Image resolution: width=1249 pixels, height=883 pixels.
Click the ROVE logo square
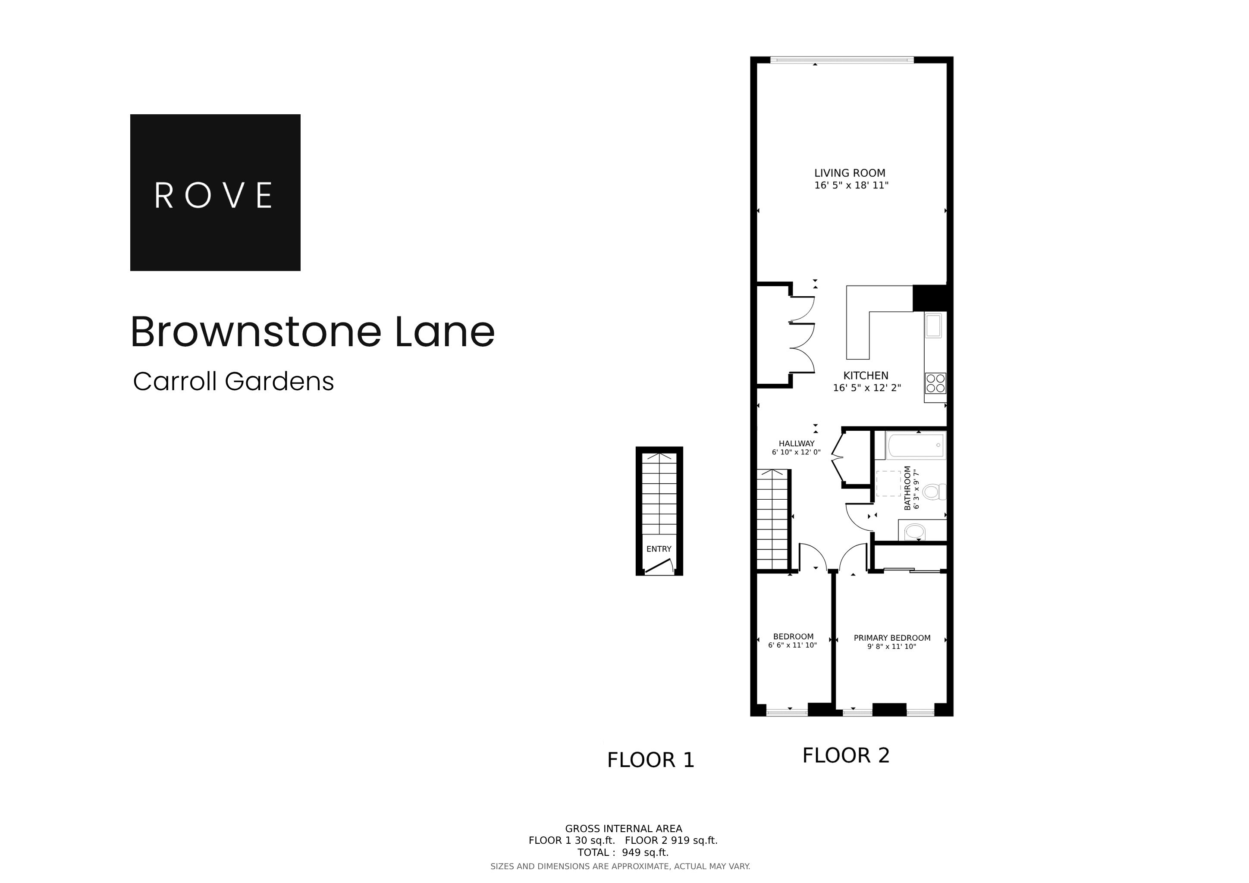[215, 192]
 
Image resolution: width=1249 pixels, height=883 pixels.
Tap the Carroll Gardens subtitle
[233, 382]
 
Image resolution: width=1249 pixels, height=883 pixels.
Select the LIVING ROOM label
[849, 173]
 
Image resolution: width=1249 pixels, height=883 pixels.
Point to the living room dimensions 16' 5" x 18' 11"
[851, 185]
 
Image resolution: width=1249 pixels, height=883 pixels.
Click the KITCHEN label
[866, 376]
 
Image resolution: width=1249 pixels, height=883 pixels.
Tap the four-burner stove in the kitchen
[935, 383]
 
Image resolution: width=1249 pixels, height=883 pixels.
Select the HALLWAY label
[797, 444]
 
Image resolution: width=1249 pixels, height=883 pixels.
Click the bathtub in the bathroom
[916, 445]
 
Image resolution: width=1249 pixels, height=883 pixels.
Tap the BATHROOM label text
[907, 488]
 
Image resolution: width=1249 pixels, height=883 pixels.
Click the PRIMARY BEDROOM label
[891, 638]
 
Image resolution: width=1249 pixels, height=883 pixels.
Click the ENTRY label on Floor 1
[659, 549]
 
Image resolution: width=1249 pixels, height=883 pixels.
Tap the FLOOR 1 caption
[651, 760]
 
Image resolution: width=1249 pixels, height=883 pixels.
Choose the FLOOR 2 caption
[846, 755]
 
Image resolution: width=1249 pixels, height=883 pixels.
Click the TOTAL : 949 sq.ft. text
[623, 852]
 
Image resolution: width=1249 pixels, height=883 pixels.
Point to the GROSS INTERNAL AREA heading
[623, 829]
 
